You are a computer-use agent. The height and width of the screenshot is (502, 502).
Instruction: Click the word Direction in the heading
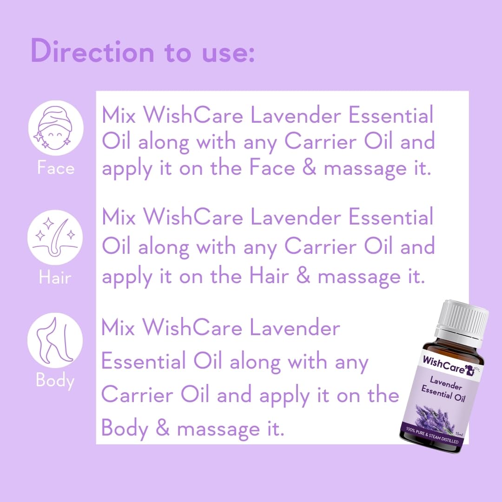[92, 51]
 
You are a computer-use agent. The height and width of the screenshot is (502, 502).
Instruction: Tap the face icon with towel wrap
[56, 128]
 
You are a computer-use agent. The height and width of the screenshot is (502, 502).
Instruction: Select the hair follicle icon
[55, 237]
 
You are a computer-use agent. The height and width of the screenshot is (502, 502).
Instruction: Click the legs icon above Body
[55, 340]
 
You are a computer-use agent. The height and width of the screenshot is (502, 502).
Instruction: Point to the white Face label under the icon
[56, 168]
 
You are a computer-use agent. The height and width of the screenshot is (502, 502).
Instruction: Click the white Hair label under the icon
[55, 277]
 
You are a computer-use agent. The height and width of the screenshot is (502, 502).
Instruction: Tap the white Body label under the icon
[55, 381]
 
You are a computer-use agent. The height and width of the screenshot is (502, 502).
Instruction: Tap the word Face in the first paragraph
[272, 167]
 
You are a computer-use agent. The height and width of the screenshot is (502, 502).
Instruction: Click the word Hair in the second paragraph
[269, 276]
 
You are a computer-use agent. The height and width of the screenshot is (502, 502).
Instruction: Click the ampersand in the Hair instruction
[303, 276]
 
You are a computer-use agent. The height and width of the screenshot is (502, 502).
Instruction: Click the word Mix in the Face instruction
[119, 115]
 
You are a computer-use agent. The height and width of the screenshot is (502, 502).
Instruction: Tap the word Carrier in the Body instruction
[137, 394]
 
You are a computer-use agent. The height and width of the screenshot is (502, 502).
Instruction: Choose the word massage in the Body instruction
[218, 429]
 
